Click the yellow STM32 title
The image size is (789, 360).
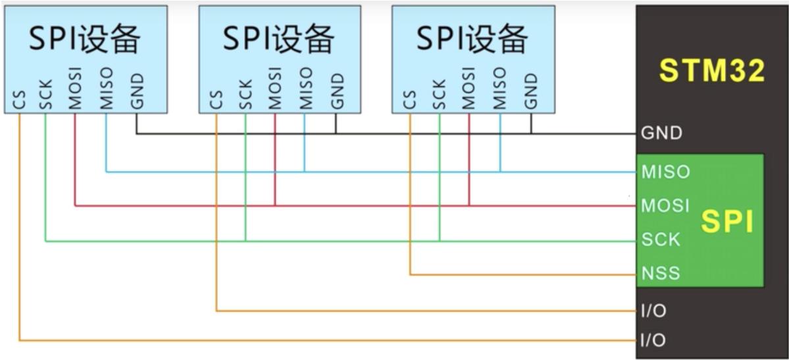[712, 70]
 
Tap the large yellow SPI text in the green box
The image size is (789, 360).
[728, 222]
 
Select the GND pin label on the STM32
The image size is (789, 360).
[662, 133]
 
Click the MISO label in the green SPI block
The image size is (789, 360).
[665, 172]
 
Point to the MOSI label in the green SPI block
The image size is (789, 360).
[665, 205]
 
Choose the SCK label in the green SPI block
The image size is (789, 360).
[661, 239]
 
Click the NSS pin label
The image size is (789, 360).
[661, 273]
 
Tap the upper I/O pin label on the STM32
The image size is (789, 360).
[653, 311]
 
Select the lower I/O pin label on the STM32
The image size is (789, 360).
[653, 340]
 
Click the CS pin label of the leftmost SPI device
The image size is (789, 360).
[19, 100]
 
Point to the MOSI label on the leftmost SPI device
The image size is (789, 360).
[74, 89]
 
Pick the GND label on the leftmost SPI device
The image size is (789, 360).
[137, 91]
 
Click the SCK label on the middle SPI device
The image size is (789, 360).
[245, 95]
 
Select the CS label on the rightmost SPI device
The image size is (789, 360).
[409, 100]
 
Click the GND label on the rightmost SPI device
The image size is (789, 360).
[531, 91]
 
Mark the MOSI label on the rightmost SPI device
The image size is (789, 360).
[469, 89]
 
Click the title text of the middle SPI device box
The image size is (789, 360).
[278, 38]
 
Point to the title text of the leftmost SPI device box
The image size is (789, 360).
[84, 38]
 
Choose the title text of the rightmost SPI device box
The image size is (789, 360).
[472, 38]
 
